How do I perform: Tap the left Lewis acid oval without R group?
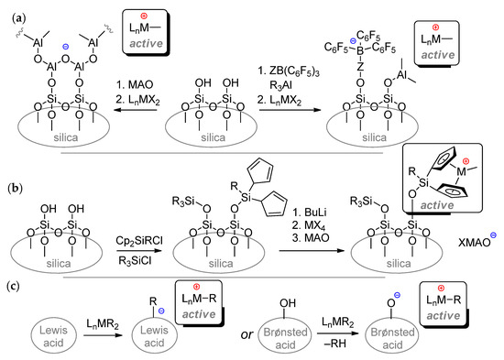pos(49,331)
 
